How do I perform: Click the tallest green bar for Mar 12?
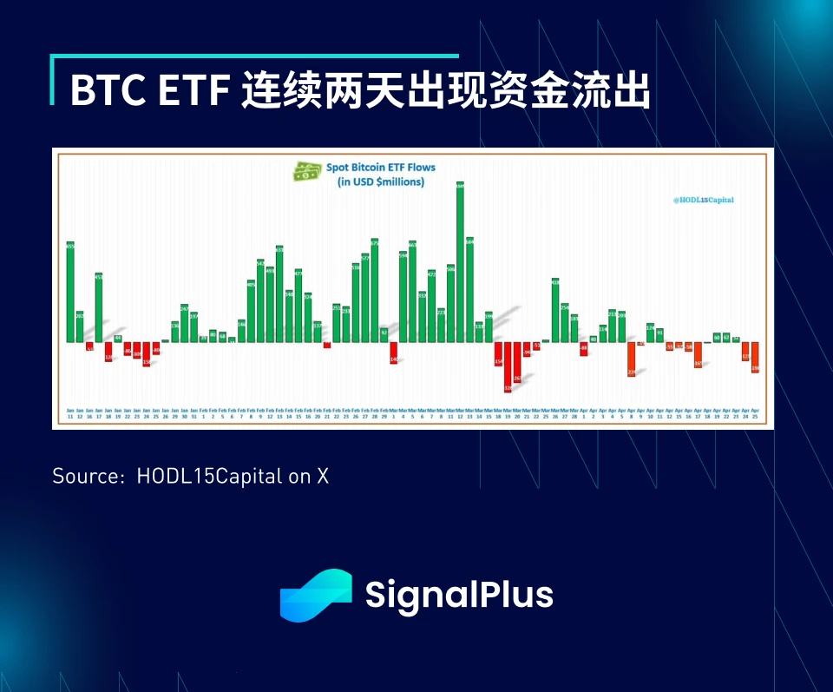[x=460, y=260]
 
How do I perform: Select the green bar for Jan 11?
[x=70, y=292]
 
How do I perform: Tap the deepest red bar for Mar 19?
[x=508, y=366]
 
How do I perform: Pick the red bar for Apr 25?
[x=755, y=358]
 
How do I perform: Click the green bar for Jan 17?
[x=99, y=307]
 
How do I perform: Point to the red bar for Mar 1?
[x=393, y=353]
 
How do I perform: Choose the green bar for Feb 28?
[x=375, y=290]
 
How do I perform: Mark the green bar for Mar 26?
[x=555, y=310]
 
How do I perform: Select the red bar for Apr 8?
[x=631, y=359]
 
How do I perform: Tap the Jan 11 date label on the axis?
[x=70, y=413]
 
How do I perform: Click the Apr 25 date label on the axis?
[x=755, y=413]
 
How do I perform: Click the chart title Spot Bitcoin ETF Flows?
[x=380, y=167]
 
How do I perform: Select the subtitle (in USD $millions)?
[x=380, y=181]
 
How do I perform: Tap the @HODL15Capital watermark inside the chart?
[x=703, y=199]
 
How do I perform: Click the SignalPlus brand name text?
[x=459, y=596]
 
